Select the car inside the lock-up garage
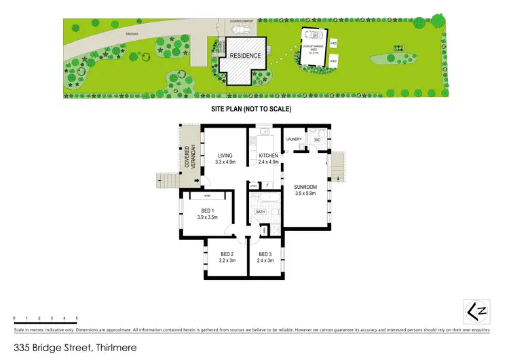[313, 37]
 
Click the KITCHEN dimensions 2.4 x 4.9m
[269, 163]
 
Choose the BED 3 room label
[265, 255]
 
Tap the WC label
[316, 140]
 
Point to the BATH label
[260, 212]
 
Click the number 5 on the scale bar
[77, 318]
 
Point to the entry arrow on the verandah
[197, 181]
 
